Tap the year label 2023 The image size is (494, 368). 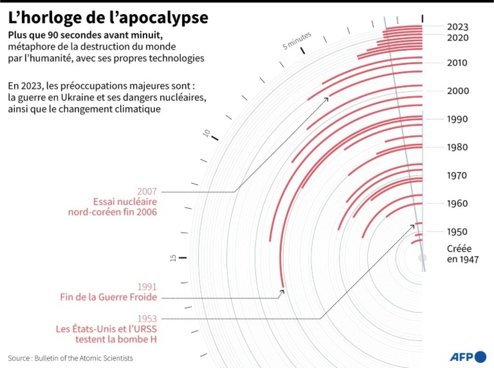click(x=458, y=27)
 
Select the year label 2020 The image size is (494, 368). click(x=458, y=38)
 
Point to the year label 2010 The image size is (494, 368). click(x=458, y=63)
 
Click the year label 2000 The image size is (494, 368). click(x=458, y=91)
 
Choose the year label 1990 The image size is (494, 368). click(x=458, y=119)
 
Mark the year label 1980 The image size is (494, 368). click(x=458, y=148)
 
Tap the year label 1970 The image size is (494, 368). click(x=458, y=176)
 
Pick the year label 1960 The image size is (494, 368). click(x=458, y=204)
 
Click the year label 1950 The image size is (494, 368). click(x=458, y=232)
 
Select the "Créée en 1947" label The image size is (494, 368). click(x=463, y=254)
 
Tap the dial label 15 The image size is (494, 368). click(x=173, y=258)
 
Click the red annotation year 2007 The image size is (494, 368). click(x=147, y=191)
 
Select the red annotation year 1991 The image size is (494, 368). click(x=147, y=287)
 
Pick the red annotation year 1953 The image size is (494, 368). click(x=147, y=318)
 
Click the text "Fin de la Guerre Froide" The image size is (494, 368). click(x=108, y=298)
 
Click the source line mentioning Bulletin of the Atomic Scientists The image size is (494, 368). click(x=70, y=358)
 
